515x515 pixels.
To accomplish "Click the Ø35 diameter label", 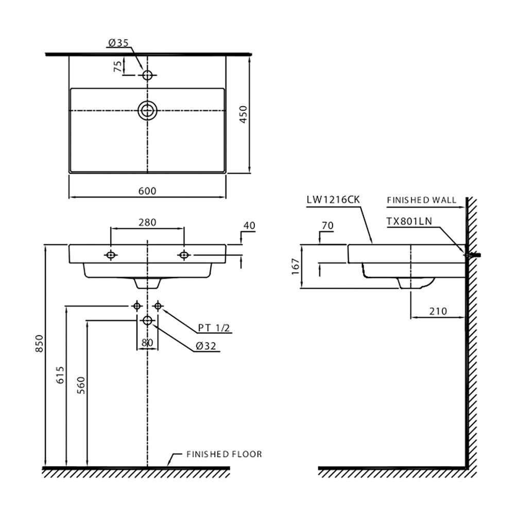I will (x=118, y=43).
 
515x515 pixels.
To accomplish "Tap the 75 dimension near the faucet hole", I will (x=118, y=65).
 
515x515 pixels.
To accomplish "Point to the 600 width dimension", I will (x=147, y=191).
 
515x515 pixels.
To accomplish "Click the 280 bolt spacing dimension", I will (x=147, y=222).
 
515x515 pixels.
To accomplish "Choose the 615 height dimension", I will (x=60, y=376).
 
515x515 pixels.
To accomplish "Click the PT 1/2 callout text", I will (x=214, y=328).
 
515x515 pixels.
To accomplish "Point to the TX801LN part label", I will (x=409, y=221).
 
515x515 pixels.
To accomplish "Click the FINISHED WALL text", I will (x=421, y=200).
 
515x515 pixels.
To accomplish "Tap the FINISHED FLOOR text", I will (x=224, y=454).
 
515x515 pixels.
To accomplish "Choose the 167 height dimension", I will (x=295, y=266).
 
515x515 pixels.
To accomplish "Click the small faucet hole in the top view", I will (x=148, y=75).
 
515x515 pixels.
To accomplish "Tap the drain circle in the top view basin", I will (x=147, y=110).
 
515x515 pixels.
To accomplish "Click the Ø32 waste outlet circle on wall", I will (x=147, y=320).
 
